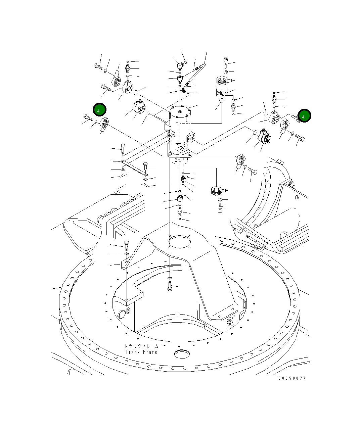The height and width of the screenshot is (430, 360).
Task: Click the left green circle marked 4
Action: [x=100, y=110]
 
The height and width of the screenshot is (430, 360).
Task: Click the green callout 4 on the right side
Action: [x=304, y=116]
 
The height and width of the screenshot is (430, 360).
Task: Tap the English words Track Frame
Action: [x=141, y=352]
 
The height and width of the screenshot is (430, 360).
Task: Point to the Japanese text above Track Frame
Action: [x=141, y=346]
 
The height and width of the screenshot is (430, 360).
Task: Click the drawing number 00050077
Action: [x=292, y=378]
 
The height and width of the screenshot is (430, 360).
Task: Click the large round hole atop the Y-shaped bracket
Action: [x=180, y=241]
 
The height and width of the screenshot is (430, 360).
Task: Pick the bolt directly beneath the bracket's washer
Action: [x=170, y=286]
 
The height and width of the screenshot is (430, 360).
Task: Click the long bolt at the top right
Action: [x=226, y=63]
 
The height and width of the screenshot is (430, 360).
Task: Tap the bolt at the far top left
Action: [x=98, y=66]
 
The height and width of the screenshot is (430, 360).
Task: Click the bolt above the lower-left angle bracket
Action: [x=127, y=245]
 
